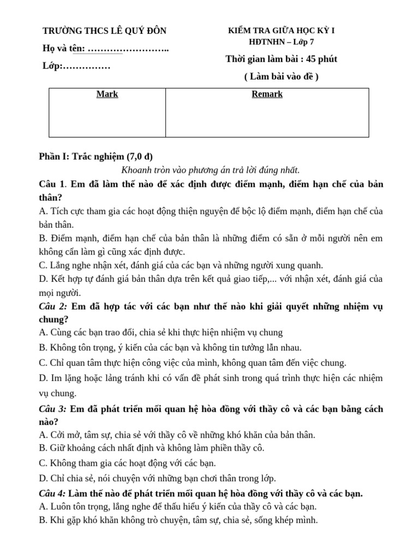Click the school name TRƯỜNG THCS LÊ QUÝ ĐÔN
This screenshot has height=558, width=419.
(x=104, y=31)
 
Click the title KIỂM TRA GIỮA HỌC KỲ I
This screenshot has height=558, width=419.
(x=281, y=31)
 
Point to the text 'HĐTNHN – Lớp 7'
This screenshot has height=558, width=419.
(x=281, y=42)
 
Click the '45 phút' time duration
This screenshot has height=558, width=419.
(x=319, y=59)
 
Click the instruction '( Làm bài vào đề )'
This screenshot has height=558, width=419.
(x=281, y=77)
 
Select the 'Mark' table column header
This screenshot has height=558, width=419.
(x=107, y=94)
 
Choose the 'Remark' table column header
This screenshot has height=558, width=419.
(x=267, y=94)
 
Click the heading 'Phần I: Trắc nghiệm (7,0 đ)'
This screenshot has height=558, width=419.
(x=92, y=156)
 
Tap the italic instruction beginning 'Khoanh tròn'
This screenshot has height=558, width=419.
(x=211, y=170)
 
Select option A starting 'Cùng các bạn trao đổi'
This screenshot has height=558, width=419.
(x=161, y=332)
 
